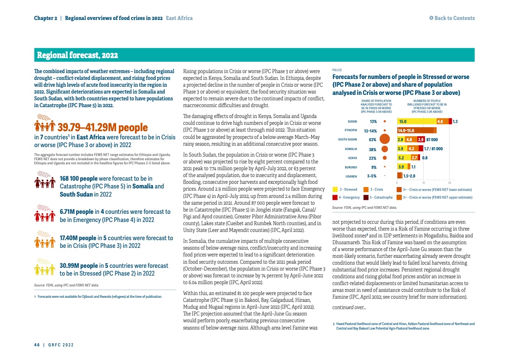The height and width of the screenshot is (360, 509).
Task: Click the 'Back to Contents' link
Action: point(452,18)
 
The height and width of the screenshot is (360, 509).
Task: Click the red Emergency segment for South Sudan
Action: point(421,139)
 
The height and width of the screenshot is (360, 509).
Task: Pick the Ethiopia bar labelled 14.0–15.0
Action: point(416,131)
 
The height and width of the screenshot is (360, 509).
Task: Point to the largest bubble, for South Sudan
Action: point(385,139)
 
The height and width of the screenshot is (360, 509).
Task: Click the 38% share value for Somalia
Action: point(372,149)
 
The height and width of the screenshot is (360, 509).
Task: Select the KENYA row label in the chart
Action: point(352,158)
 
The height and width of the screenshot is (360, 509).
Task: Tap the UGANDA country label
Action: point(351,176)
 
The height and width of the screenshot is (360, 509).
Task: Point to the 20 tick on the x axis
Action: point(449,182)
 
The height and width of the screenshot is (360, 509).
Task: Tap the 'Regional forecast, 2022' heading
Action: point(77,55)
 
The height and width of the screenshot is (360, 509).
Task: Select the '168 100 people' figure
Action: point(78,179)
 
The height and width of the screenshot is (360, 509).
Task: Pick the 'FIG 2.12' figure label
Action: point(337,70)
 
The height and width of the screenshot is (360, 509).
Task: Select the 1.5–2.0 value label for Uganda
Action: point(409,176)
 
